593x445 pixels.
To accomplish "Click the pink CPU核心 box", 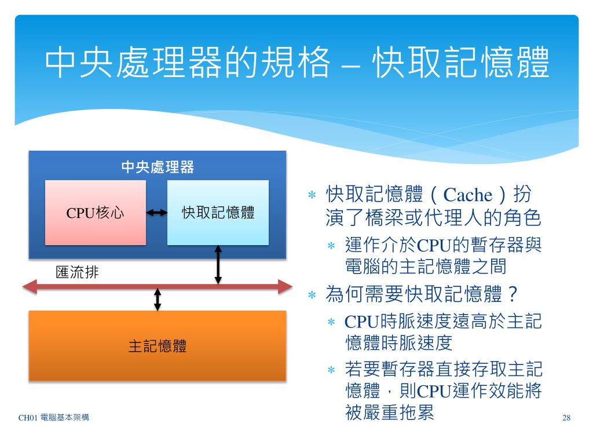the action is (x=96, y=212).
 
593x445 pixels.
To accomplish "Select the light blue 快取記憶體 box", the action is (x=218, y=212).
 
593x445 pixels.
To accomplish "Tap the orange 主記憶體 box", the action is (x=158, y=346).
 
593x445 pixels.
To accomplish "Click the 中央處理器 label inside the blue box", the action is (x=158, y=167).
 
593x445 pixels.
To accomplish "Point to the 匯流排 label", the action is (x=77, y=272).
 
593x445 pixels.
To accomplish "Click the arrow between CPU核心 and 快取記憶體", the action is (x=156, y=213).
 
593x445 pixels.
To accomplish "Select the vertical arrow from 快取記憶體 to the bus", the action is (x=218, y=265).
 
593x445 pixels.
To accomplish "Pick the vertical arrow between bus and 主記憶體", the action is (x=157, y=298).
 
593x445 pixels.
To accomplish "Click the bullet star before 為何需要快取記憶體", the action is (x=311, y=296).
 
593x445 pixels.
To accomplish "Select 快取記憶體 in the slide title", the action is (x=461, y=63).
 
